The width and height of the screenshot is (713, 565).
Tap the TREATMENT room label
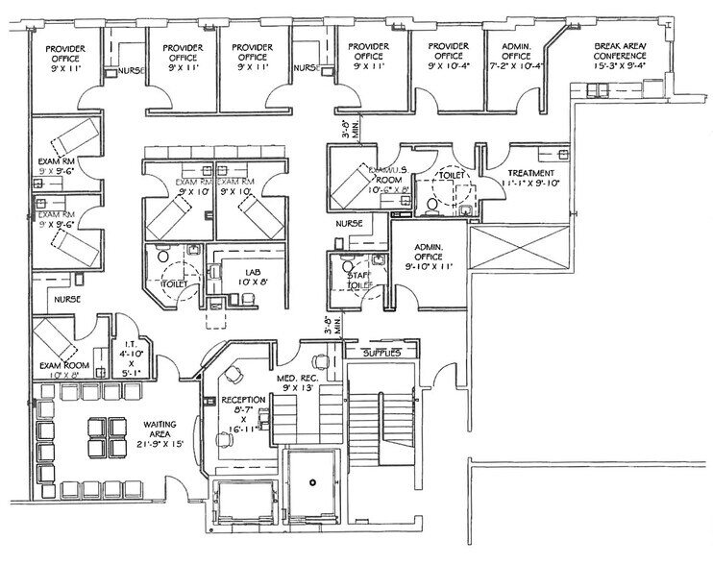tap(530, 173)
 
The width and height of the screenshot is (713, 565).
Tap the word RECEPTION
tap(236, 399)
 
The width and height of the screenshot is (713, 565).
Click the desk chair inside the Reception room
tap(232, 372)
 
